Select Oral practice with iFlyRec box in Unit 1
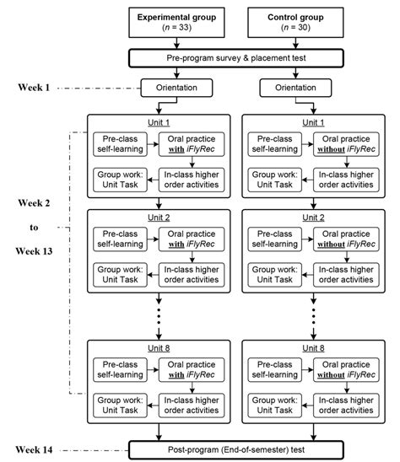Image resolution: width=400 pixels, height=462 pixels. click(x=194, y=147)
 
